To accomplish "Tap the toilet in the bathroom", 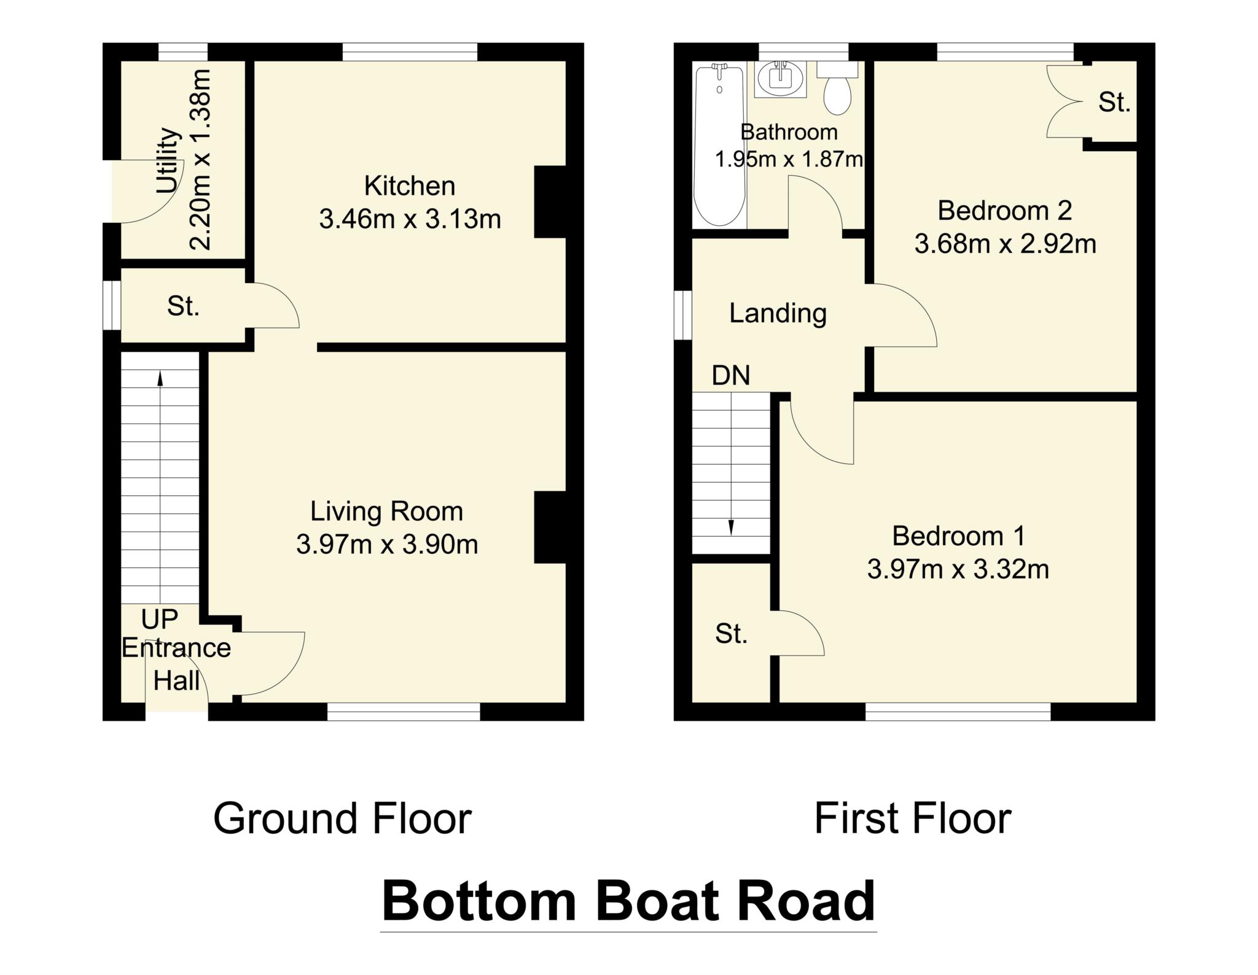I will [837, 93].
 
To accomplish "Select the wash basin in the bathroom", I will [779, 79].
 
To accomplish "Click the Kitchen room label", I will [410, 186].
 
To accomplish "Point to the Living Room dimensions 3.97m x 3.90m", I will [387, 545].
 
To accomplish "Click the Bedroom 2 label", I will [1004, 211].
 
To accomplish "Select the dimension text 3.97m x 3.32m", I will [958, 570].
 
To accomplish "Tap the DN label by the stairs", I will [730, 375].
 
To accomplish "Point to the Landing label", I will [778, 314].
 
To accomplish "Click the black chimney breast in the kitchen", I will [550, 202].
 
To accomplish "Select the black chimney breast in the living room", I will [550, 527].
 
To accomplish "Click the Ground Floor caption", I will [342, 819].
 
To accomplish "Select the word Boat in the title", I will [656, 901].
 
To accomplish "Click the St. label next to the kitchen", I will [183, 306].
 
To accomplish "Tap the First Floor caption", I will [912, 819].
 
